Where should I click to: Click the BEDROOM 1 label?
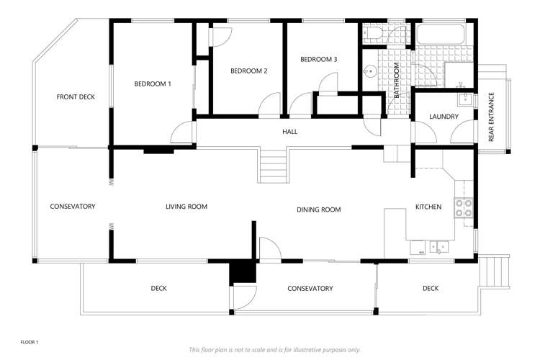pyautogui.click(x=153, y=84)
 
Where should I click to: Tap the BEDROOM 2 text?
pyautogui.click(x=249, y=71)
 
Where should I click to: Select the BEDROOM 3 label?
pyautogui.click(x=319, y=59)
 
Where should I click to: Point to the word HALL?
pyautogui.click(x=289, y=132)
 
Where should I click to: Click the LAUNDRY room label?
pyautogui.click(x=444, y=117)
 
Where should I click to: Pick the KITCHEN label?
pyautogui.click(x=428, y=207)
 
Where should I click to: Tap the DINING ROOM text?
pyautogui.click(x=318, y=210)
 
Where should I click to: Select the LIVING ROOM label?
pyautogui.click(x=186, y=207)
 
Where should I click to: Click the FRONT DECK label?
pyautogui.click(x=76, y=97)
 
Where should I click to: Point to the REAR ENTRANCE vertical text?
pyautogui.click(x=492, y=117)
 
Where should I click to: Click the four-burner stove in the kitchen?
pyautogui.click(x=464, y=208)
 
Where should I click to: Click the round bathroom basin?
pyautogui.click(x=370, y=71)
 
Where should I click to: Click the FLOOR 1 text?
pyautogui.click(x=30, y=343)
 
